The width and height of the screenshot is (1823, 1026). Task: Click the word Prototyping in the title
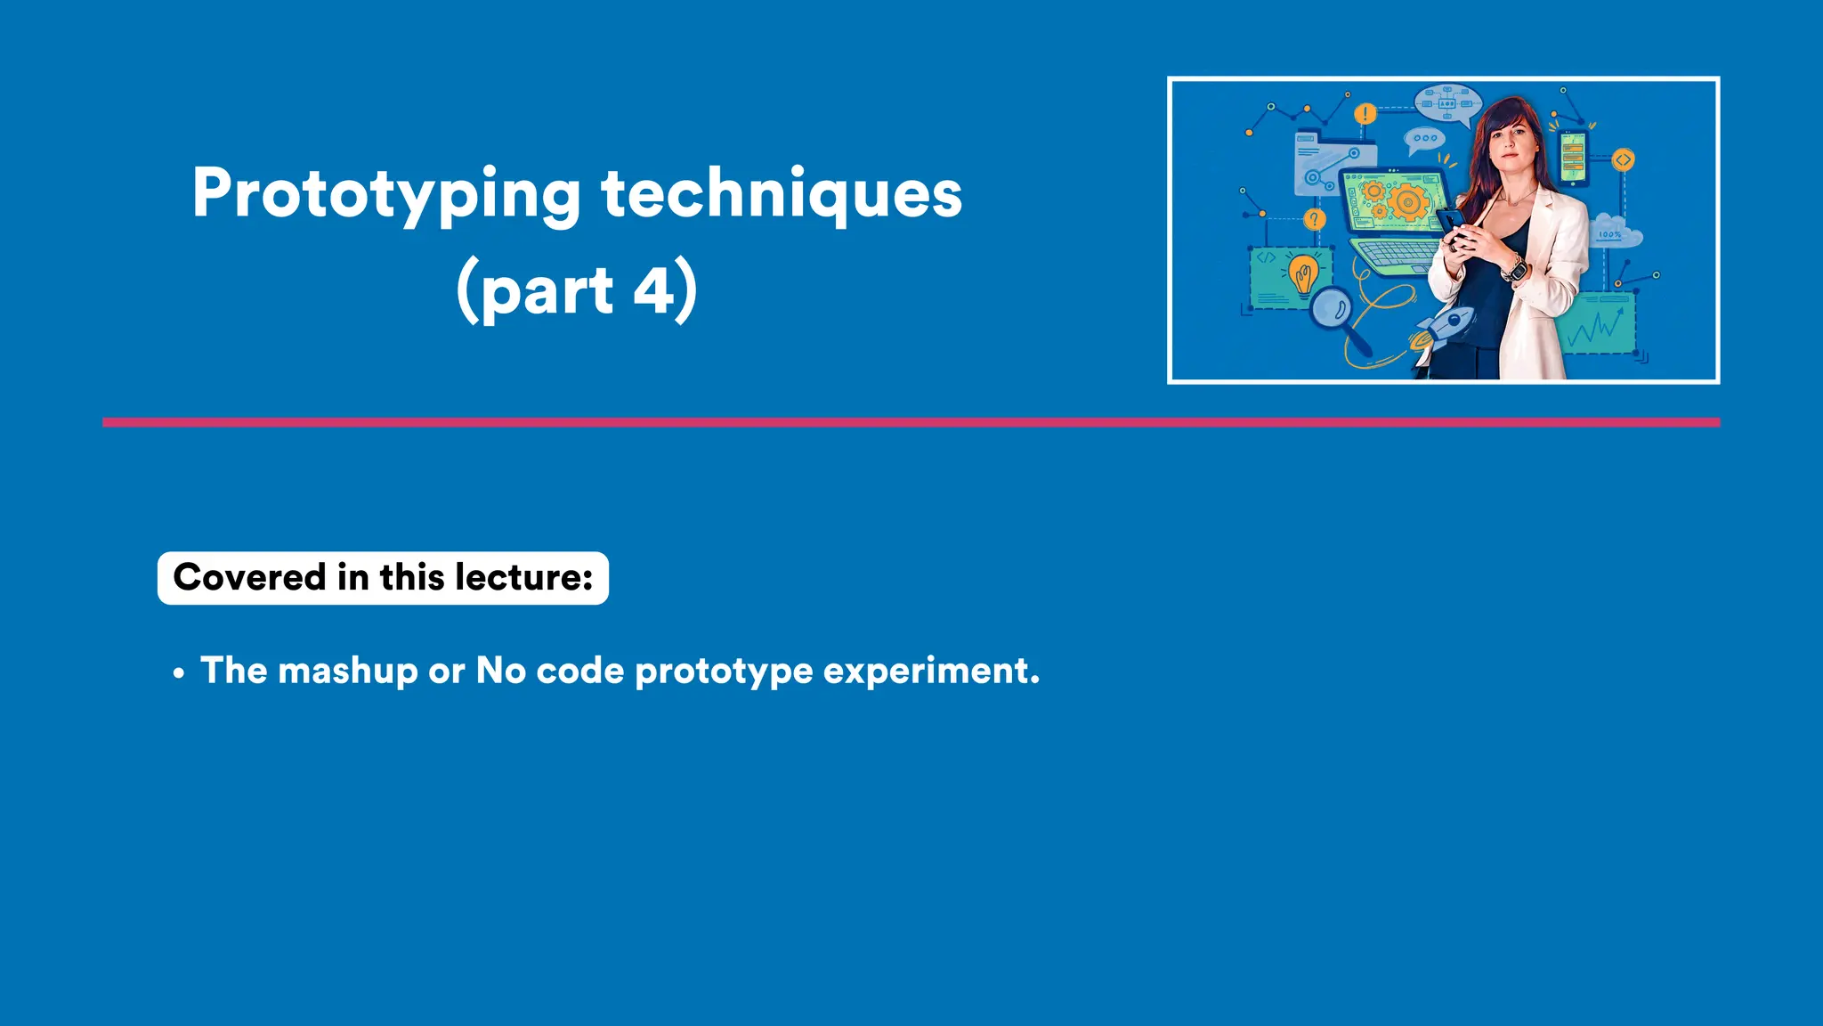(386, 194)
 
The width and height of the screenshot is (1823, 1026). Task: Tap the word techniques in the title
(782, 194)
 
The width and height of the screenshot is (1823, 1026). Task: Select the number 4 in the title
(655, 290)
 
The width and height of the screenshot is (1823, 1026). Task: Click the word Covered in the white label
(250, 577)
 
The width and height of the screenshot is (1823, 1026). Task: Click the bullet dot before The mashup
(179, 673)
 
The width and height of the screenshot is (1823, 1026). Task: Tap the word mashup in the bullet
(347, 671)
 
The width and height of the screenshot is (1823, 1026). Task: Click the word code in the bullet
(579, 671)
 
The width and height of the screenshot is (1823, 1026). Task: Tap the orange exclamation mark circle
(1365, 114)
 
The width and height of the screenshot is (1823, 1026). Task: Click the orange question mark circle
(1314, 219)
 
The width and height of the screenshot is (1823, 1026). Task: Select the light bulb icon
(1304, 273)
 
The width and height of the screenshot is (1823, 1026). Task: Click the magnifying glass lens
(1332, 309)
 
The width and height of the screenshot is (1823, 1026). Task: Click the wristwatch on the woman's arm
(1515, 268)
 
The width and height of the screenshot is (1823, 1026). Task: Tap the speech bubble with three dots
(1424, 139)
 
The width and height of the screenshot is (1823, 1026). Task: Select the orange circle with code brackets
(1623, 160)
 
